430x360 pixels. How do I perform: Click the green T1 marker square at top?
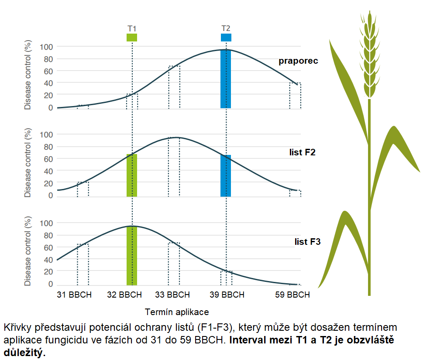132,38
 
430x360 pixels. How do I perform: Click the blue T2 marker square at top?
226,38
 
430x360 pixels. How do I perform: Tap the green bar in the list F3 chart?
132,256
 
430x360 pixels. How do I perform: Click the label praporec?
299,61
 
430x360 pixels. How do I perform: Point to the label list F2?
302,152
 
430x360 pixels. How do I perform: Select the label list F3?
308,241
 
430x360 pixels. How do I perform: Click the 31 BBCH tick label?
74,295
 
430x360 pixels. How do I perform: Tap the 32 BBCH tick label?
124,295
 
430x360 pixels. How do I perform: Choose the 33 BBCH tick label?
172,295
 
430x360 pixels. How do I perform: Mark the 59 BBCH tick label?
292,295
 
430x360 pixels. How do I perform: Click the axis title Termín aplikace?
176,312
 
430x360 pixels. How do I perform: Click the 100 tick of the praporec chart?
46,47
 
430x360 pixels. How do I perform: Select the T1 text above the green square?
132,28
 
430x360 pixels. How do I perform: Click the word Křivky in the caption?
16,327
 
